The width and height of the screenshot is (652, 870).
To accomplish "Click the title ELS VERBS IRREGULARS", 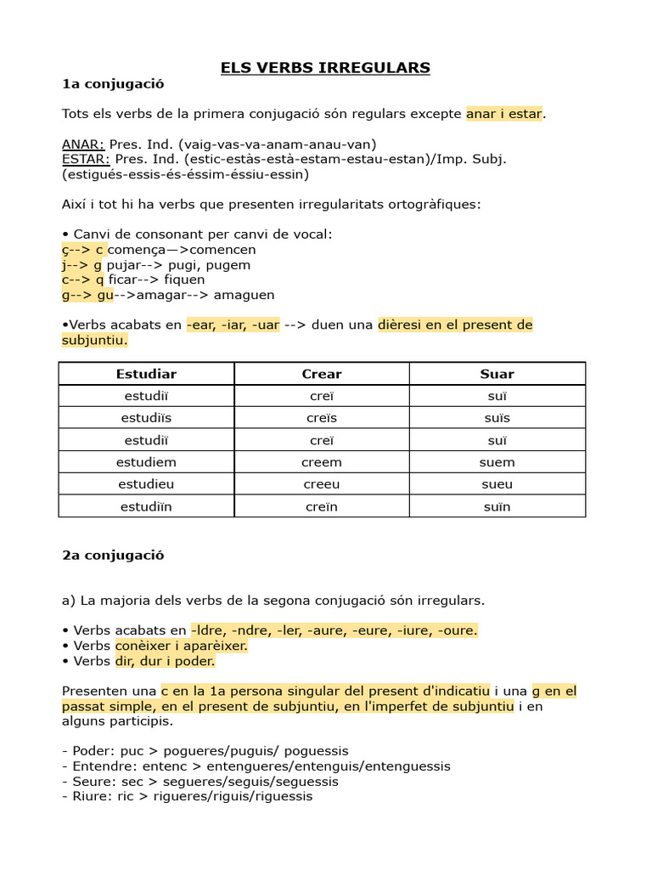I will tap(326, 68).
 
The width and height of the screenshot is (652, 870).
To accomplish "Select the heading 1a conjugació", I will tap(113, 84).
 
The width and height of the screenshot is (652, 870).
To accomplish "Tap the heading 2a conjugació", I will tap(113, 556).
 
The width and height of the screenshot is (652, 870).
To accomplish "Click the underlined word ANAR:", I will tap(83, 144).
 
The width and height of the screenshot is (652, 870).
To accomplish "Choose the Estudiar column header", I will tap(146, 374).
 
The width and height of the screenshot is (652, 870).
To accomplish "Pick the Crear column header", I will tap(322, 374).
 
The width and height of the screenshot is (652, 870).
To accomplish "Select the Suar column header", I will tap(497, 374).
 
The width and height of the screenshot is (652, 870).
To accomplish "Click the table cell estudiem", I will tap(146, 462).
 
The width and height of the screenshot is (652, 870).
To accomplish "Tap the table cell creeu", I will tap(322, 484).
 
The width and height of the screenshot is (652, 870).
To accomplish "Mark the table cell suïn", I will tap(497, 507).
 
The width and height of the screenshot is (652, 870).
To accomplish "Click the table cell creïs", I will tap(322, 418).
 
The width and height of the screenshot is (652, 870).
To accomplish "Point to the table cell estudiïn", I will tap(146, 507).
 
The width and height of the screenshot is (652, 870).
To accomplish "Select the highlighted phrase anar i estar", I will tap(503, 114).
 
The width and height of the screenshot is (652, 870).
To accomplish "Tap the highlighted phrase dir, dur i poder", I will tap(165, 661).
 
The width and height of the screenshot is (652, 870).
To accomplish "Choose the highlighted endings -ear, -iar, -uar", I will tap(233, 325).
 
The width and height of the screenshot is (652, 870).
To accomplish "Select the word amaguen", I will tap(244, 295).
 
